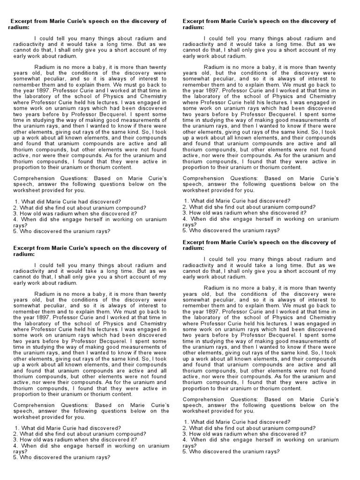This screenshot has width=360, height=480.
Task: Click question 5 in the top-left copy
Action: click(x=62, y=231)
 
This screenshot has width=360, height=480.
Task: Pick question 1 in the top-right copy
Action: click(x=237, y=201)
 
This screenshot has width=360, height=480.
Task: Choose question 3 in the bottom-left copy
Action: click(x=75, y=440)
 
